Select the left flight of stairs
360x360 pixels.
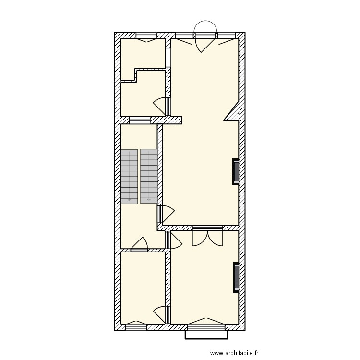[129, 176]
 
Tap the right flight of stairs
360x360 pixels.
[149, 176]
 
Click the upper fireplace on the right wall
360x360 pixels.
[236, 171]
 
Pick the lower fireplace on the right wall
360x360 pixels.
[236, 277]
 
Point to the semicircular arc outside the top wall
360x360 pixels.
[205, 26]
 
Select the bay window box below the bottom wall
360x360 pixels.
[205, 335]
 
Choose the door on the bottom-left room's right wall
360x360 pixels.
[163, 314]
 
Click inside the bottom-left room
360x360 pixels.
[143, 288]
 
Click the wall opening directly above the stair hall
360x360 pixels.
[139, 120]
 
